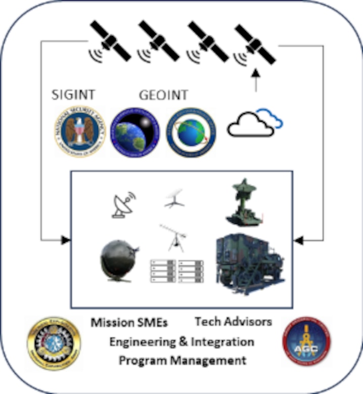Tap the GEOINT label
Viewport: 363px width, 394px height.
(x=163, y=95)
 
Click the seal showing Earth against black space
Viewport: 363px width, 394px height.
(x=134, y=132)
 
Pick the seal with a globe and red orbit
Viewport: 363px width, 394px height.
(x=191, y=132)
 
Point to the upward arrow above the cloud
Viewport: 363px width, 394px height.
(x=255, y=80)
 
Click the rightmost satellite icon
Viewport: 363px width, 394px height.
(x=256, y=42)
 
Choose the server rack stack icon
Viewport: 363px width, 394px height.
(x=176, y=273)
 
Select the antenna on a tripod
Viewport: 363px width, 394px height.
(x=173, y=237)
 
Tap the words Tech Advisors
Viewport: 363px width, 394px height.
(x=233, y=321)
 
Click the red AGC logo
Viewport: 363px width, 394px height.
(x=306, y=341)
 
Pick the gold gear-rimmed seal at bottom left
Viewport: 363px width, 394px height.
(x=54, y=343)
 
